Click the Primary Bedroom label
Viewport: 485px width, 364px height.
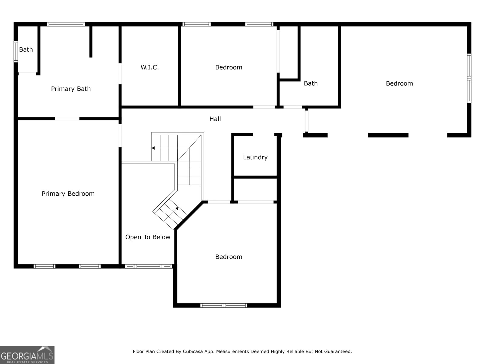(68, 194)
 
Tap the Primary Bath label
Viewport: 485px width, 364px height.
(71, 89)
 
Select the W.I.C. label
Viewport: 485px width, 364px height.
(149, 67)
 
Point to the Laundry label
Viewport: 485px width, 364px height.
(255, 157)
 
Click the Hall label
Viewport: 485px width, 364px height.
(215, 119)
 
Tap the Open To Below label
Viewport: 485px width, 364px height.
(148, 237)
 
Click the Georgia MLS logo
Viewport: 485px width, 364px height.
(27, 355)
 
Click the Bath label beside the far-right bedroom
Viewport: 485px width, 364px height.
(311, 83)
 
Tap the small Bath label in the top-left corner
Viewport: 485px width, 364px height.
(26, 49)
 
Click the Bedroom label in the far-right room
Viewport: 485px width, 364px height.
(399, 83)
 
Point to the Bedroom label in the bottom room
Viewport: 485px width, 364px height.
(229, 257)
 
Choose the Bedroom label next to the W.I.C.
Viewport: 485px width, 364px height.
(229, 67)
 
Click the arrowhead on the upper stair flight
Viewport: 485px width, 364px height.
(153, 148)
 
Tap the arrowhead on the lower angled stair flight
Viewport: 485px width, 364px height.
(177, 208)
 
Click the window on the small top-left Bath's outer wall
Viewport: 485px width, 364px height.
(16, 52)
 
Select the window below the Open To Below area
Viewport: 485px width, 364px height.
(149, 266)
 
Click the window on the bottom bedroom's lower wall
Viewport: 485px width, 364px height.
(224, 305)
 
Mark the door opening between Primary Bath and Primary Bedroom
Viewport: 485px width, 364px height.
(67, 119)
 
